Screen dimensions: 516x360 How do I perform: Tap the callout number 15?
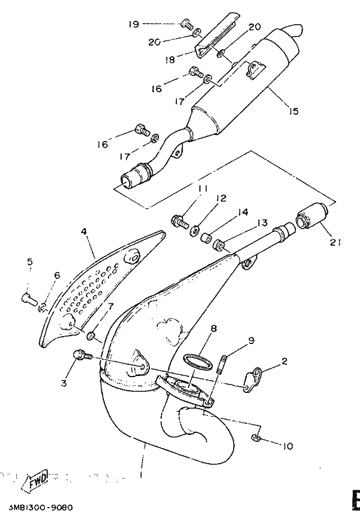[293, 111]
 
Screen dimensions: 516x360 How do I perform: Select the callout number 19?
[133, 24]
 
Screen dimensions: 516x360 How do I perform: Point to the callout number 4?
[84, 231]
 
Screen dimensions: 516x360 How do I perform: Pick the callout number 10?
[287, 447]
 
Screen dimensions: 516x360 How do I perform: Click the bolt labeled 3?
[79, 355]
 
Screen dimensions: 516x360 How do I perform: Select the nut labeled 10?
[256, 438]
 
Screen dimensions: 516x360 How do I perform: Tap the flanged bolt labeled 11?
[179, 219]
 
